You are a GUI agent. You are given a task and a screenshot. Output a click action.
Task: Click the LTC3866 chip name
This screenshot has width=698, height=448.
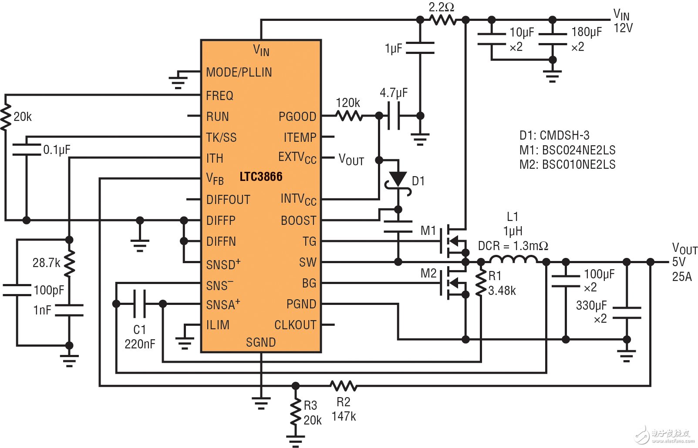coord(261,177)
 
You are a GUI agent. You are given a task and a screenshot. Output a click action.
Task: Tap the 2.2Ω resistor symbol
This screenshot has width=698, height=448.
coord(442,20)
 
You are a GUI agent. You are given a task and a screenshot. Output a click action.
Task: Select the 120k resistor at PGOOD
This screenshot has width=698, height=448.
coord(349,116)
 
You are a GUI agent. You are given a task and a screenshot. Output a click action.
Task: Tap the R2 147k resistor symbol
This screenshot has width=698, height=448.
coord(343,385)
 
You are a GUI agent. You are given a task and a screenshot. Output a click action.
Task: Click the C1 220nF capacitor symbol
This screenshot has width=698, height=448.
coord(139,304)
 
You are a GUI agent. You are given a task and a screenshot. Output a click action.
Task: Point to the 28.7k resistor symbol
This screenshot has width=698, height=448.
coord(69,264)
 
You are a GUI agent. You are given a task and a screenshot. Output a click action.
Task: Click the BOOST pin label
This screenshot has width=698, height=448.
coord(298,221)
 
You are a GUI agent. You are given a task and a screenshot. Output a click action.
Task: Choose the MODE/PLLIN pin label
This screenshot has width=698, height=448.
coord(239,72)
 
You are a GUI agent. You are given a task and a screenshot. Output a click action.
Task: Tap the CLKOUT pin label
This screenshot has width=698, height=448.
coord(295,325)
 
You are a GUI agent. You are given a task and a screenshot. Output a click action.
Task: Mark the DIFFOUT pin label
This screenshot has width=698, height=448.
coord(228,200)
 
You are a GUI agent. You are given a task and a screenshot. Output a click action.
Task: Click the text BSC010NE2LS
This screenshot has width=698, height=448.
coord(579,164)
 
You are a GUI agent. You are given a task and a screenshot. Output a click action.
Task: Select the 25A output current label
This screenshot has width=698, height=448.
coord(681,277)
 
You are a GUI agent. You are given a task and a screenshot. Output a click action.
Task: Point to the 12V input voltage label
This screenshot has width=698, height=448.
coord(623,28)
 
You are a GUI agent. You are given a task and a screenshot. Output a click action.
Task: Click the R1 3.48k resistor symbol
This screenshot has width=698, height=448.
coord(481,283)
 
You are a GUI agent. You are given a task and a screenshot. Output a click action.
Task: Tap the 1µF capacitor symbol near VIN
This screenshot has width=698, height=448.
coord(420,48)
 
